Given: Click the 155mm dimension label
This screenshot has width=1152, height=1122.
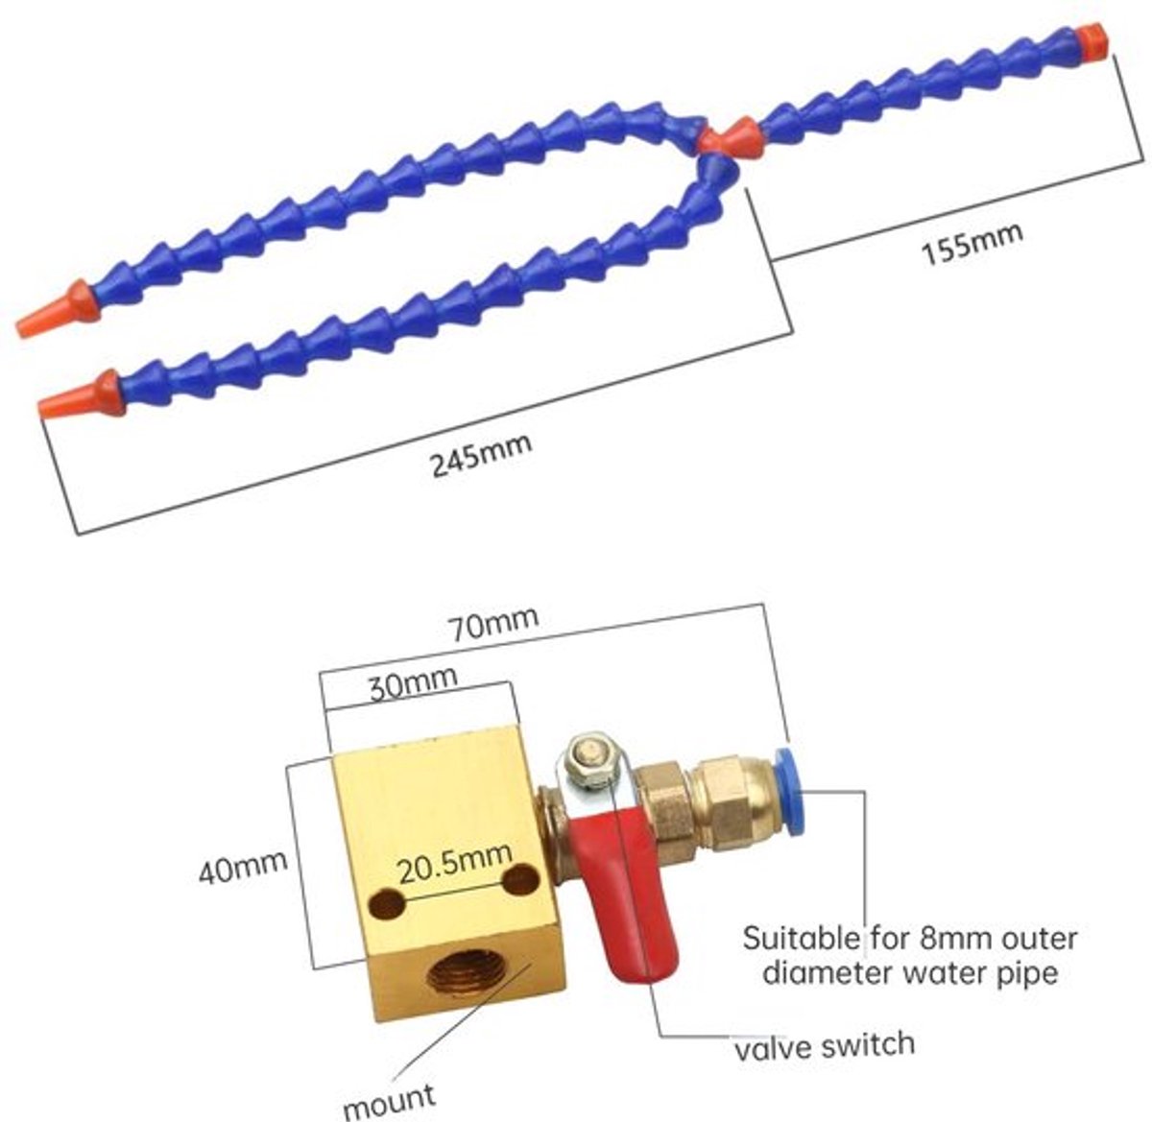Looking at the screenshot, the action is click(972, 243).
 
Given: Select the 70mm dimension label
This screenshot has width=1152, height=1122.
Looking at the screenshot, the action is click(495, 623).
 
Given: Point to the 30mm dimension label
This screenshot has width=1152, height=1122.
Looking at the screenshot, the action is click(413, 683).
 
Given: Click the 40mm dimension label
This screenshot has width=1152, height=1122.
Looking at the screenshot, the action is click(243, 868).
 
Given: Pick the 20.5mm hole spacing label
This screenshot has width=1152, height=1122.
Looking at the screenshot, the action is click(455, 861).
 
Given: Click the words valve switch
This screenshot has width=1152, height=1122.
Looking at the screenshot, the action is click(824, 1045).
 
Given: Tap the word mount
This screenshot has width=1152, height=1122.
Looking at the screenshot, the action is click(389, 1100).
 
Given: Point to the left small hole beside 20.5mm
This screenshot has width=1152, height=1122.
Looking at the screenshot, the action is click(386, 904).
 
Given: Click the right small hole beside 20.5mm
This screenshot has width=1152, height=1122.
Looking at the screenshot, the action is click(520, 878).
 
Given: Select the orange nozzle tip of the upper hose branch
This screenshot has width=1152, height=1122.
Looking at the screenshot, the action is click(58, 309).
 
